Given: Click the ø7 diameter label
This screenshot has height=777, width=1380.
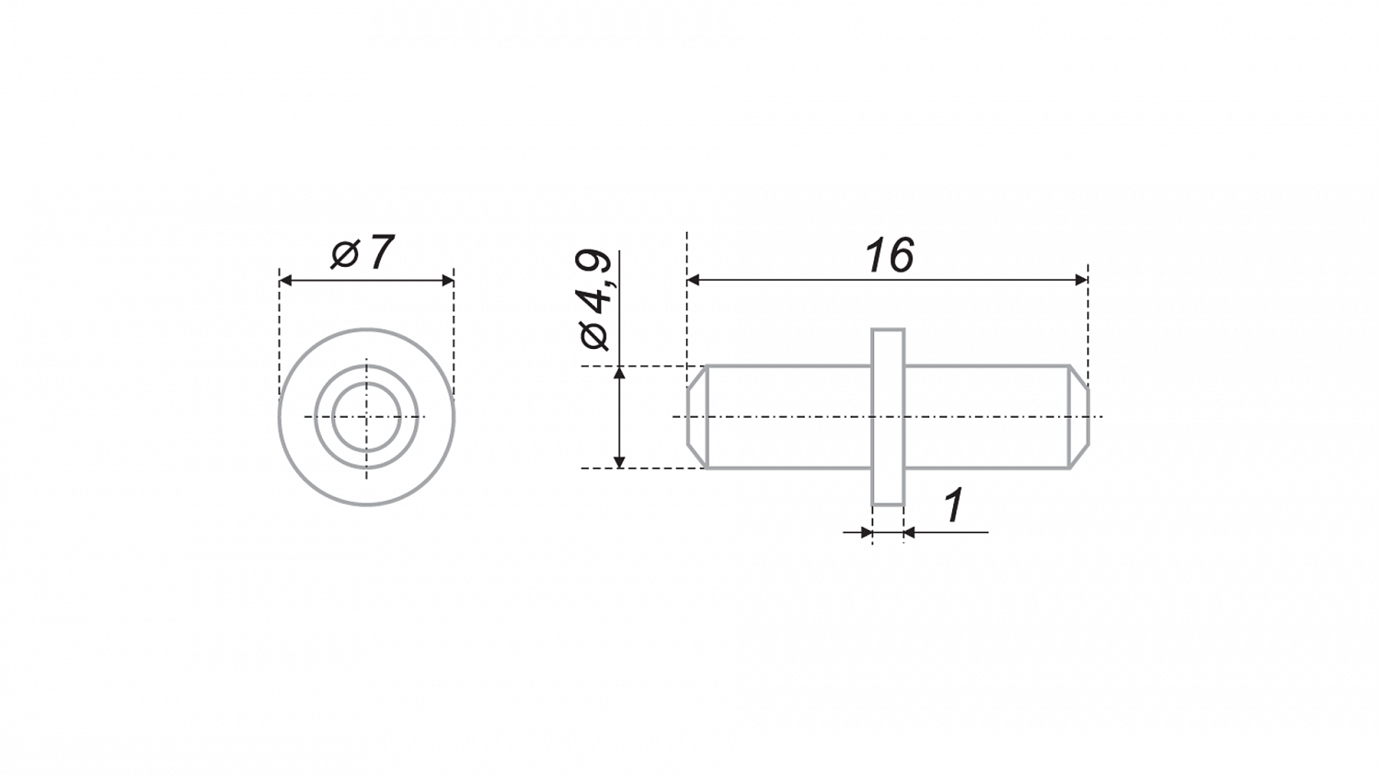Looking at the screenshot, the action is click(x=362, y=253).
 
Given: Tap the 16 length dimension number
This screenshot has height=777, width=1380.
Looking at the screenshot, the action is click(x=890, y=255).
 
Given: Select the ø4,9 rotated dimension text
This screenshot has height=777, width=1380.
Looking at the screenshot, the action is click(x=594, y=301).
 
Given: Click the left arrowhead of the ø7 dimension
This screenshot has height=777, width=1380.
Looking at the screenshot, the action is click(x=285, y=281).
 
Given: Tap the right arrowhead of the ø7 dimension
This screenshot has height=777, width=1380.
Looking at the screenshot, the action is click(x=448, y=281).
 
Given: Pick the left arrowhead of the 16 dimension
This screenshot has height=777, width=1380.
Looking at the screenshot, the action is click(x=693, y=280).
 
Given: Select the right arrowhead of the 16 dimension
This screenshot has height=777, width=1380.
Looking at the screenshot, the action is click(x=1081, y=280).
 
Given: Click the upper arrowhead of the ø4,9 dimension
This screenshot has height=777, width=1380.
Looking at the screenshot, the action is click(x=620, y=373).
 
